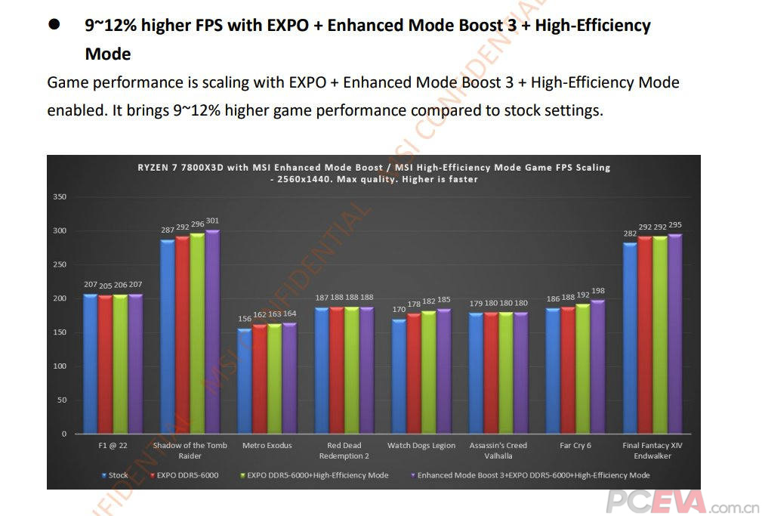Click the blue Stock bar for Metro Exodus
245,381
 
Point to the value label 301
213,221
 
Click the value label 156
245,320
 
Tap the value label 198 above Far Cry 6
598,291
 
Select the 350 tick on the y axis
60,197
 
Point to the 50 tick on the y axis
62,400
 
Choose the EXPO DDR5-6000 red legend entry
185,475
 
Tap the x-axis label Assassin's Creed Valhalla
498,450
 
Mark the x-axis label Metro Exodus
267,446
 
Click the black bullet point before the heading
54,25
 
